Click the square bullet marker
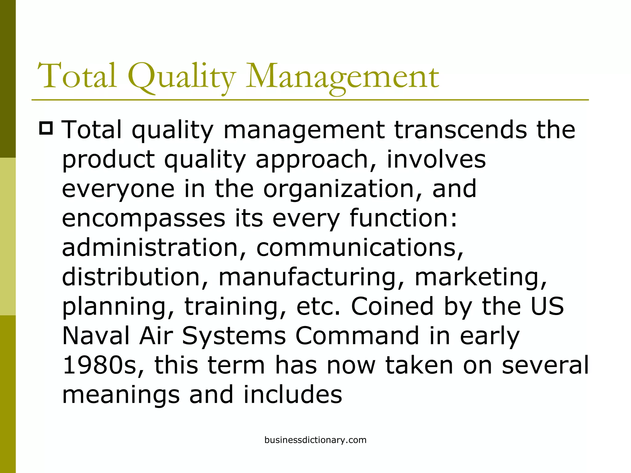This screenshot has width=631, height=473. pyautogui.click(x=46, y=128)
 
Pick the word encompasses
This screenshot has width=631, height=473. pyautogui.click(x=144, y=218)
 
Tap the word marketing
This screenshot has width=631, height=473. pyautogui.click(x=481, y=277)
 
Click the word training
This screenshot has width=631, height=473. pyautogui.click(x=236, y=306)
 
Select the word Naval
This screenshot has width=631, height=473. pyautogui.click(x=96, y=335)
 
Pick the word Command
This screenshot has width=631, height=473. pyautogui.click(x=357, y=335)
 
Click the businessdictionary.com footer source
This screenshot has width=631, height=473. pyautogui.click(x=315, y=440)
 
